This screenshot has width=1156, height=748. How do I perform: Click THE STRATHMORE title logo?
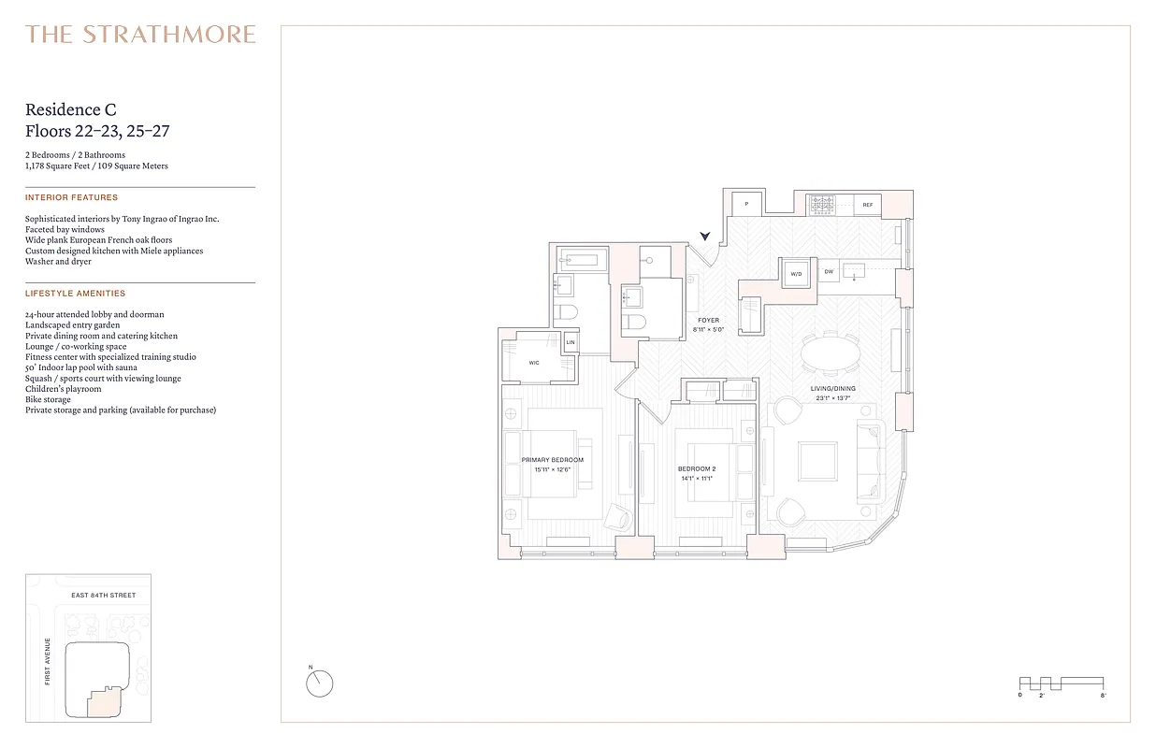(x=140, y=35)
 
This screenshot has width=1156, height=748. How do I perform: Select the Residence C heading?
(x=71, y=110)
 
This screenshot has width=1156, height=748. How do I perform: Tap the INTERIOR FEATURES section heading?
(x=71, y=198)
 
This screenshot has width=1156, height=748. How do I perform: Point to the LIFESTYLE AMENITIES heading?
(x=75, y=294)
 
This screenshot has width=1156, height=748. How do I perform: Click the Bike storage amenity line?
(x=48, y=399)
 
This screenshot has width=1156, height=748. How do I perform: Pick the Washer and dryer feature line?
(x=58, y=262)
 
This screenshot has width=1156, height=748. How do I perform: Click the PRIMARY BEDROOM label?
(x=552, y=460)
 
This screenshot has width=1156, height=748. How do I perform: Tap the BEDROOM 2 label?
(x=696, y=468)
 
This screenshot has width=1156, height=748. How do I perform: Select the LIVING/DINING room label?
(x=832, y=389)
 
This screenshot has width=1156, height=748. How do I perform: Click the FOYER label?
(x=708, y=321)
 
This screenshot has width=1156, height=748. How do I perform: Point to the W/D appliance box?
(x=797, y=274)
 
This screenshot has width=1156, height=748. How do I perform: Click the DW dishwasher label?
(x=829, y=273)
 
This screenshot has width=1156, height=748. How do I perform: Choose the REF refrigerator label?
(x=867, y=205)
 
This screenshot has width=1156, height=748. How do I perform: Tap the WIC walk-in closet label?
(x=534, y=363)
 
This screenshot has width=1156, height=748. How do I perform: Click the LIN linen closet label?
(x=571, y=343)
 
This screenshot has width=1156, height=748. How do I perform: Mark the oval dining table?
(x=830, y=354)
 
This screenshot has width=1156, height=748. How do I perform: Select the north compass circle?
(x=319, y=683)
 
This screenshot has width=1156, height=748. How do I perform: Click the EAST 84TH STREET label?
(x=104, y=596)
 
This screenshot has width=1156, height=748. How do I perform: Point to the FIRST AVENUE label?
(x=48, y=660)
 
